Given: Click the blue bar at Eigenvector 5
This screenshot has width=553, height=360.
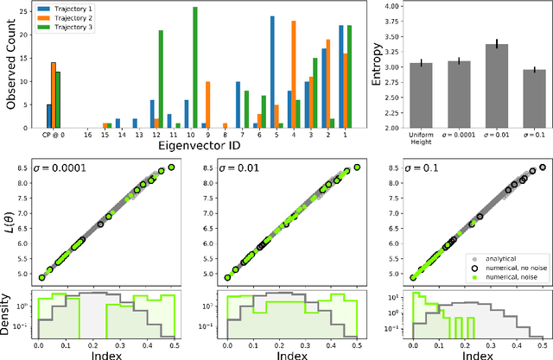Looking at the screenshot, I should (x=272, y=73).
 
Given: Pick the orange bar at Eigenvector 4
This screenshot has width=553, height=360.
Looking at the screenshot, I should (x=294, y=74).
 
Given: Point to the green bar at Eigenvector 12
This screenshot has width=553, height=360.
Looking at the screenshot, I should (x=161, y=79).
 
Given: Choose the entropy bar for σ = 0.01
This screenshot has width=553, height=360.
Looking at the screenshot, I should (x=497, y=85).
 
